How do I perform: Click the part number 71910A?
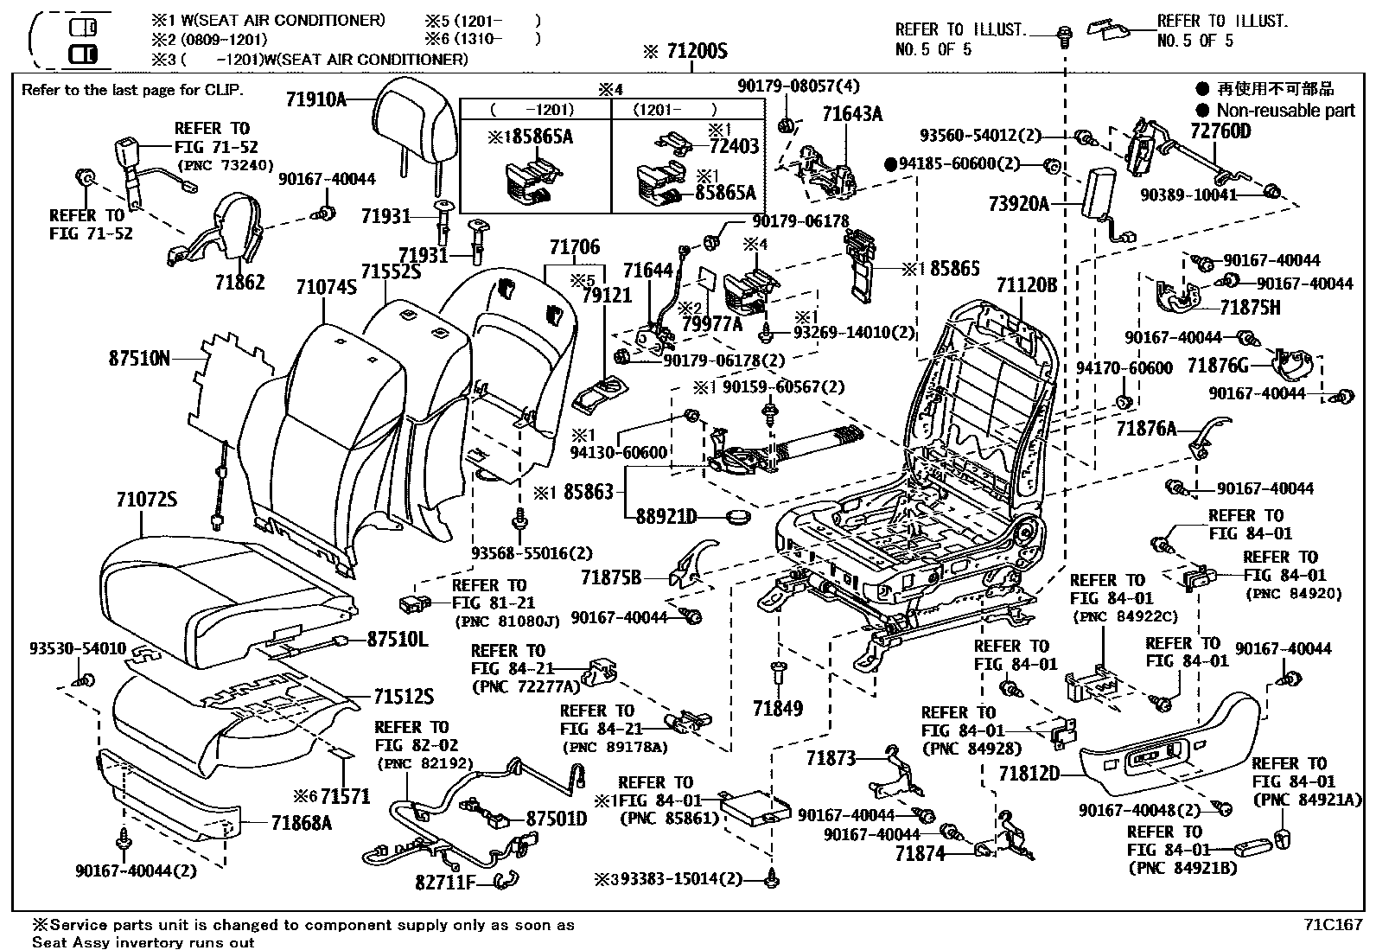315,99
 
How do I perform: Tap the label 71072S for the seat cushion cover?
147,500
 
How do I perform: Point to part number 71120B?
1027,285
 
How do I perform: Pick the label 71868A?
301,823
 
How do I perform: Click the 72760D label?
1220,131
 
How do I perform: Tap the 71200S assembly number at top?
697,52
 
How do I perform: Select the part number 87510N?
140,357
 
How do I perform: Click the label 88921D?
666,517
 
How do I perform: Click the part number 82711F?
446,882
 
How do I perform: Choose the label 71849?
778,709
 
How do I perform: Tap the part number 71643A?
852,114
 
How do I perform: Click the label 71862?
239,283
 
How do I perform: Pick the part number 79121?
607,296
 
